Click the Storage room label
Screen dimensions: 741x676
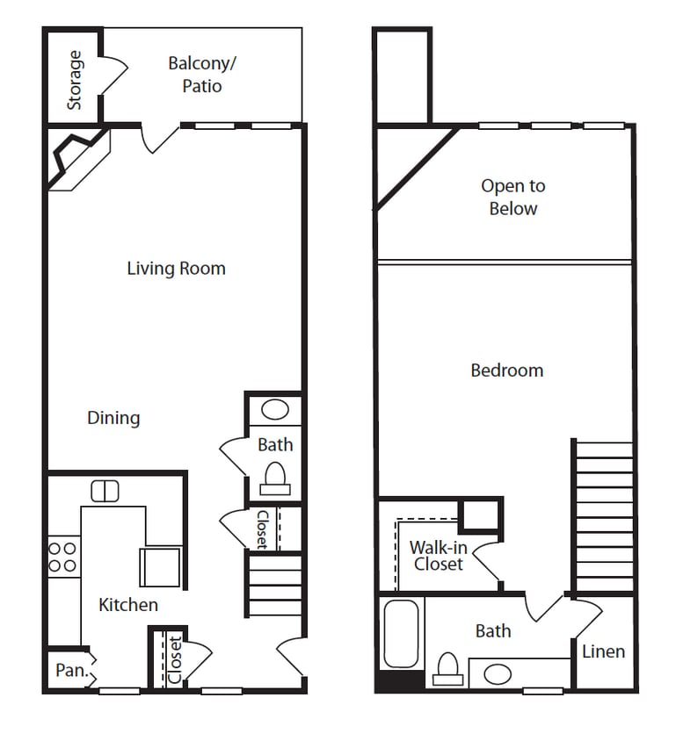tap(75, 80)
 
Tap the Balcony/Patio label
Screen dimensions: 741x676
tap(202, 75)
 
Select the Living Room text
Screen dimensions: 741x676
tap(176, 269)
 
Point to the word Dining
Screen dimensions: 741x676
tap(113, 418)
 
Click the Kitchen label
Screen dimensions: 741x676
tap(128, 605)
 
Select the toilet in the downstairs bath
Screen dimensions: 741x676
tap(275, 478)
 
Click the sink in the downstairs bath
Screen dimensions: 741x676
tap(275, 411)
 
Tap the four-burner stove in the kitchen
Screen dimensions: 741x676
tap(62, 557)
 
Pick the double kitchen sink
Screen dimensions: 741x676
tap(105, 491)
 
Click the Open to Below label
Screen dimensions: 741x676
tap(512, 198)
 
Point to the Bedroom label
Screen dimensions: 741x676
tap(507, 370)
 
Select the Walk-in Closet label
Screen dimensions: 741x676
tap(438, 556)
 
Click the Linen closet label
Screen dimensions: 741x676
tap(603, 651)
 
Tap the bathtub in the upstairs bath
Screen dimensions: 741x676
tap(402, 634)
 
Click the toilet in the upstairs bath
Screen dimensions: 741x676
tap(448, 670)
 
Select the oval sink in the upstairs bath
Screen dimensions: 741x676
tap(498, 674)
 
